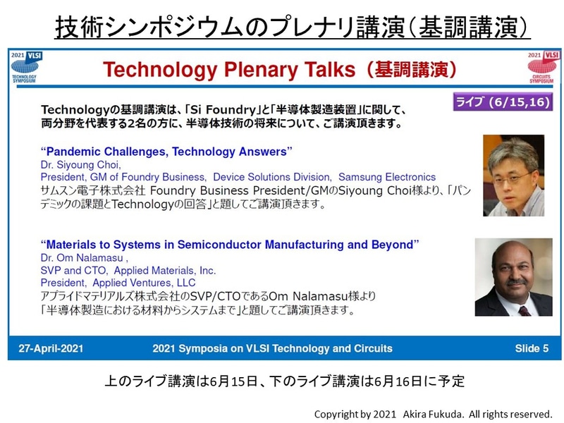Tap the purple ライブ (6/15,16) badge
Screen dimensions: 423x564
pos(503,102)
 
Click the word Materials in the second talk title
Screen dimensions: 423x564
pos(73,245)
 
